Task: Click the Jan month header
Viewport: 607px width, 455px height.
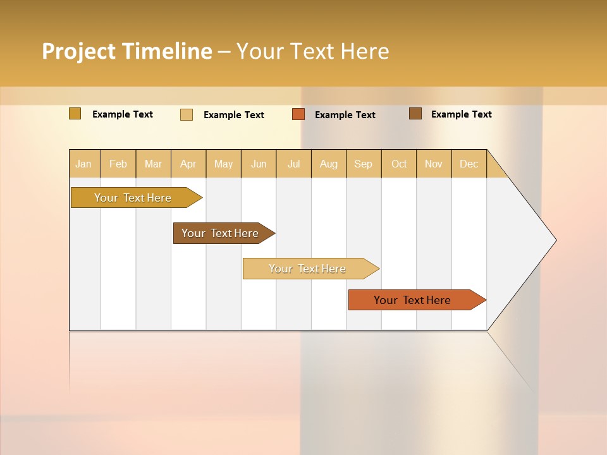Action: [83, 164]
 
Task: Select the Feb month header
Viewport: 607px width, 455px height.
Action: [118, 164]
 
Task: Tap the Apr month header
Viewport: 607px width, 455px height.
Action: [188, 164]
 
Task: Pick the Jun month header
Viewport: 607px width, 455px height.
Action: [259, 164]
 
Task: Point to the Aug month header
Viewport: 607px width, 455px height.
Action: [329, 164]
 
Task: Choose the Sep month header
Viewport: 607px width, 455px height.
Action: [364, 164]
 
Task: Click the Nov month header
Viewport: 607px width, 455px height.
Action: [434, 164]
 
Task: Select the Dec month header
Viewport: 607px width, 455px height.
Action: [469, 164]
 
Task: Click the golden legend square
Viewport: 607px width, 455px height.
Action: [75, 114]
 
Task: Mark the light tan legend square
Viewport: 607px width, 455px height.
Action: [187, 114]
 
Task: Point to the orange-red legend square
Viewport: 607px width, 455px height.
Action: [298, 114]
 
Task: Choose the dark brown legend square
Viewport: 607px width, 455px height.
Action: [415, 114]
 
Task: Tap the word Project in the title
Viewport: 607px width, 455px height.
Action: [79, 51]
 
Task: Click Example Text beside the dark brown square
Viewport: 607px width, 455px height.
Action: [461, 114]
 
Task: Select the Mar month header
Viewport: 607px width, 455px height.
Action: [153, 164]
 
